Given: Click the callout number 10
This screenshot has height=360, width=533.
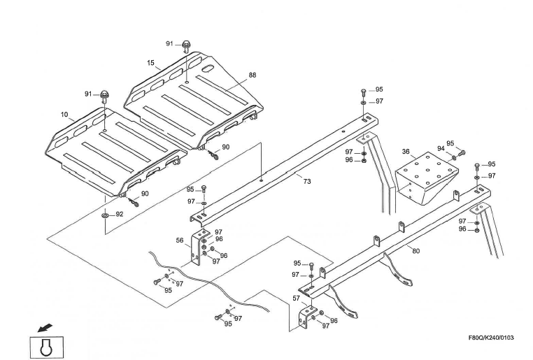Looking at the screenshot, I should tap(64, 114).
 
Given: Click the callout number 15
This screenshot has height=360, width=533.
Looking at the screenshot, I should tap(150, 63).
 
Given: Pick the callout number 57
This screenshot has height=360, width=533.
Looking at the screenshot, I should tap(296, 298).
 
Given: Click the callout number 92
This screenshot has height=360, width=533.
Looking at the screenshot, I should tap(120, 215).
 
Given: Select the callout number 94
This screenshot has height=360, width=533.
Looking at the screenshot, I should tap(441, 148).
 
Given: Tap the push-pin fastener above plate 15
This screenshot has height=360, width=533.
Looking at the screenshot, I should tap(186, 45).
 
